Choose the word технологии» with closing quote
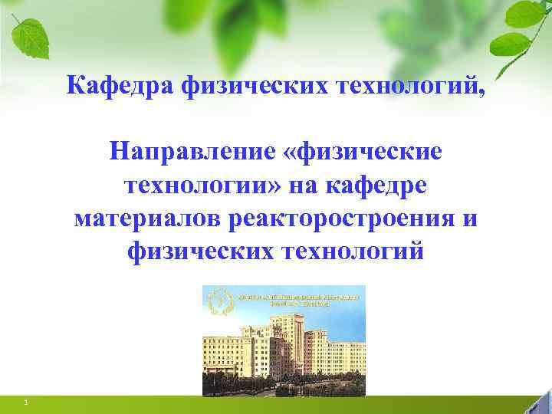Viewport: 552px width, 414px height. (x=202, y=185)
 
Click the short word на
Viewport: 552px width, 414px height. (x=307, y=185)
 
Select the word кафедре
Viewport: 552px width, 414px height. (x=381, y=185)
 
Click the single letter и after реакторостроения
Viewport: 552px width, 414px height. (x=469, y=218)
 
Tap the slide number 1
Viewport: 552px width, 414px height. (x=25, y=402)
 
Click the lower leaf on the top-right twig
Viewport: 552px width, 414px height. (x=509, y=44)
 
